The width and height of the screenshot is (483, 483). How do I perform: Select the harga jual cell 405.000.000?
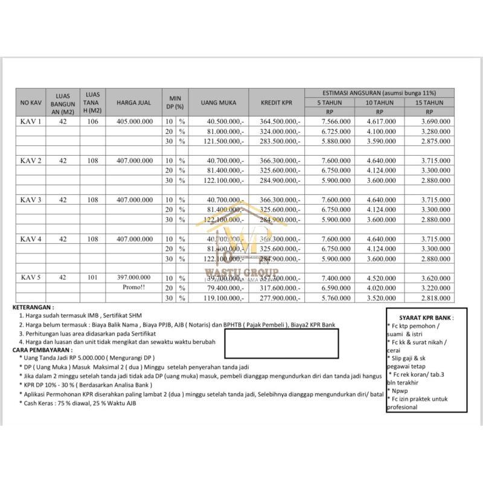pos(135,121)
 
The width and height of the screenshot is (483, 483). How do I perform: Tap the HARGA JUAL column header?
pos(135,103)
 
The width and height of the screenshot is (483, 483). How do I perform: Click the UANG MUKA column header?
pos(218,103)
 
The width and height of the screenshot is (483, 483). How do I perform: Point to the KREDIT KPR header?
pos(277,103)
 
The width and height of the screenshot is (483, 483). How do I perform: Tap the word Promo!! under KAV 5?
pos(135,287)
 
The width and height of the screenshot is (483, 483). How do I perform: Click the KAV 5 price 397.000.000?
pos(135,278)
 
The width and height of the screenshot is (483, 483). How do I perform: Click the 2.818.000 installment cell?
pos(432,298)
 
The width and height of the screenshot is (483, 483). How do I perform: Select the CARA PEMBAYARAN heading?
pos(42,350)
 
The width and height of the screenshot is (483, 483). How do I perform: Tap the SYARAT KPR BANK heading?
pos(426,318)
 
